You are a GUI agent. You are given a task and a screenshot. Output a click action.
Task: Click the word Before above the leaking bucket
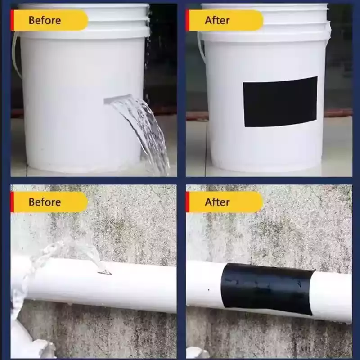click(45, 20)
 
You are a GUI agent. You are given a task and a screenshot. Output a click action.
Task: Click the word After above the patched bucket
click(217, 20)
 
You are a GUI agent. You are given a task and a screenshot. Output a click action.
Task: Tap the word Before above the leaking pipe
click(45, 202)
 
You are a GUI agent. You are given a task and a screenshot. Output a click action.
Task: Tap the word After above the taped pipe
click(217, 202)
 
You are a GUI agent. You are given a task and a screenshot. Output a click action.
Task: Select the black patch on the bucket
click(280, 102)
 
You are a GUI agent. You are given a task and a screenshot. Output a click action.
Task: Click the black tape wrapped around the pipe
click(267, 289)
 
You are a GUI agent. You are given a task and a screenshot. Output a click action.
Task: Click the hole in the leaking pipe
click(104, 272)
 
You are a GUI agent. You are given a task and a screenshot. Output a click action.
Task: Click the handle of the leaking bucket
click(15, 55)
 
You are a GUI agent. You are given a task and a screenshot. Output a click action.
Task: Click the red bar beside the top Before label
click(12, 20)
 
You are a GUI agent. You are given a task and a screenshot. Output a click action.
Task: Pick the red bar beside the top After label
click(188, 20)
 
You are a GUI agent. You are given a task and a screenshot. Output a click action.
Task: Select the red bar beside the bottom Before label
click(12, 202)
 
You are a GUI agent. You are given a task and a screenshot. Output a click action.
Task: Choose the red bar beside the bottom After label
click(188, 202)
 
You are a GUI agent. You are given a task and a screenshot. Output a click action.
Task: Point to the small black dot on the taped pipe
click(208, 290)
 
